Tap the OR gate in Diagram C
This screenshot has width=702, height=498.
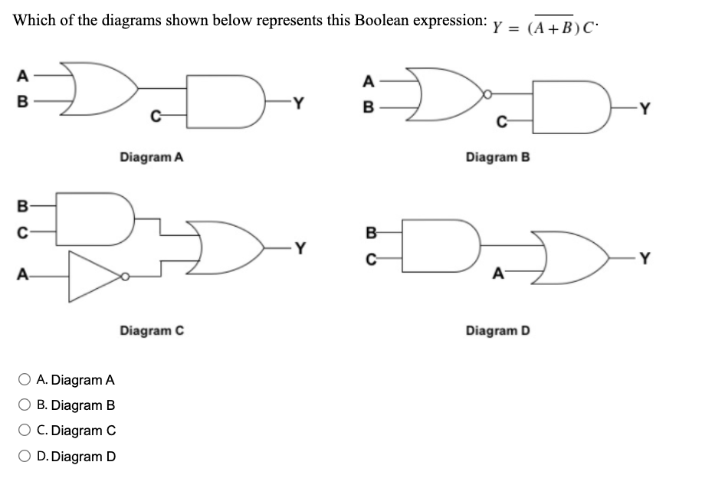tap(230, 247)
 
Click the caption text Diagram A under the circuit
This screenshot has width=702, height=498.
tap(151, 158)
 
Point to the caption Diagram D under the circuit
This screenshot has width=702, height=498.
tap(497, 330)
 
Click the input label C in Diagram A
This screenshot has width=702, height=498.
tap(155, 116)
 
